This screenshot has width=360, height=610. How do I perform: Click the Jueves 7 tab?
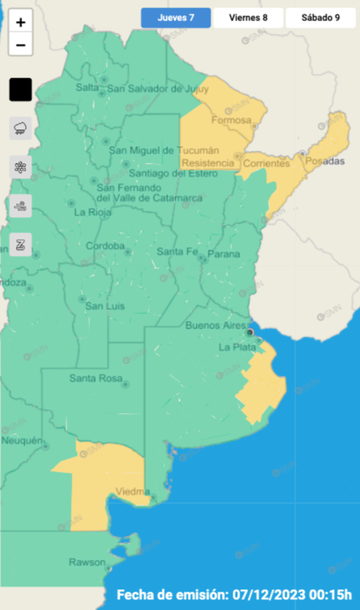point(176,18)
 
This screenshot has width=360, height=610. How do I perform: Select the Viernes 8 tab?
point(248,18)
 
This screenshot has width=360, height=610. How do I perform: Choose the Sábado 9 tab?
point(320,18)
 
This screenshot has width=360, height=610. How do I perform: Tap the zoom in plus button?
point(21,23)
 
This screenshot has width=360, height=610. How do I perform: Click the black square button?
point(21,90)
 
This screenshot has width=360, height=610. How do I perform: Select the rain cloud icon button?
point(21,128)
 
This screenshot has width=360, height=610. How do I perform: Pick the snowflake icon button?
point(21,167)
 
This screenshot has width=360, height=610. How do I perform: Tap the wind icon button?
point(21,206)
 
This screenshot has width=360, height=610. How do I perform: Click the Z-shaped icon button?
point(21,245)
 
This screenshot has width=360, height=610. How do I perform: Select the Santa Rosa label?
point(96,378)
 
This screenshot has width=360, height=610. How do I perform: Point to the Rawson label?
point(87,562)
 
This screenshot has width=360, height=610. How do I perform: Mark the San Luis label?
point(104,306)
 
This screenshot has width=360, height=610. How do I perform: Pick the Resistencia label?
point(208,163)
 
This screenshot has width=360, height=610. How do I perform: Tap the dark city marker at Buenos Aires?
point(250,333)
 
